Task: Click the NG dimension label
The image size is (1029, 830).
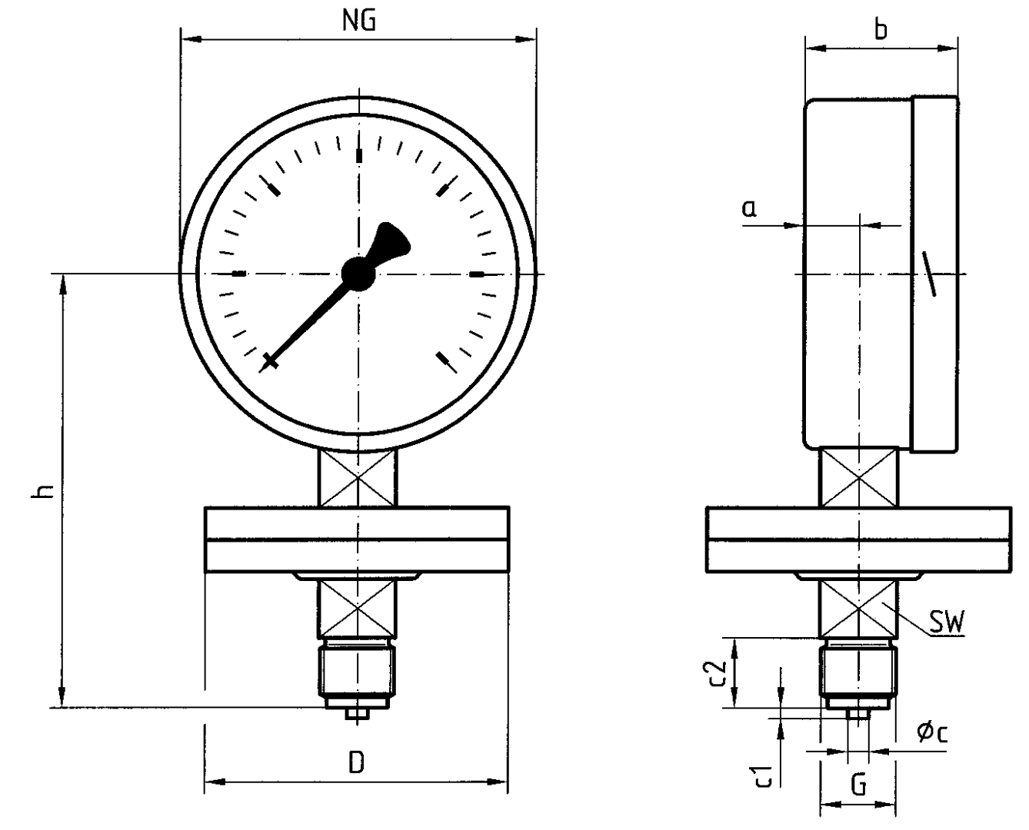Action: [359, 21]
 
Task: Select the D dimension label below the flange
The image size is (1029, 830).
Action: [356, 763]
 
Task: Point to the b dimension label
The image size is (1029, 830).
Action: [881, 29]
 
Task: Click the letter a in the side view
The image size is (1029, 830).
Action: [749, 207]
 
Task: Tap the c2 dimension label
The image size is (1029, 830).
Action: [718, 672]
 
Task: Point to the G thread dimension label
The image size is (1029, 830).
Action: [859, 785]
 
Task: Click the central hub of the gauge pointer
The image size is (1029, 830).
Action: [358, 273]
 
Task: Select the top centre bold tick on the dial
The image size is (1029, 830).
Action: [358, 154]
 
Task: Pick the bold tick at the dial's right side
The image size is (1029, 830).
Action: [477, 274]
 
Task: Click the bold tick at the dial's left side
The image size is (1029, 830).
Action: [238, 274]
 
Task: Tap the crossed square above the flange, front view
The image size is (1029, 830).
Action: [358, 478]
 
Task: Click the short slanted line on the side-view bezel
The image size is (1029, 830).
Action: [927, 273]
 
